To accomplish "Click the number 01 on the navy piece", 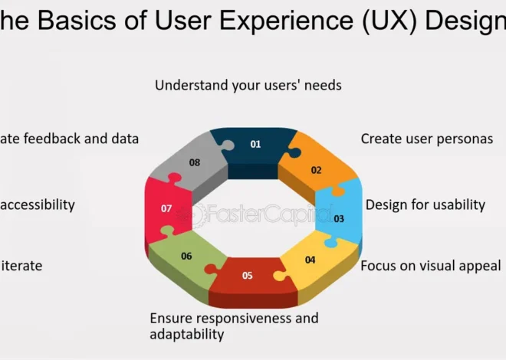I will (255, 143).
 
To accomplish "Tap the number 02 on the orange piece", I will (316, 170).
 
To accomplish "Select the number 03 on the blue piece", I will (339, 218).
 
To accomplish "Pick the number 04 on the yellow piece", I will (310, 260).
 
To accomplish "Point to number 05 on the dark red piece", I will (247, 275).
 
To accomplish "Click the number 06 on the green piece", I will (186, 256).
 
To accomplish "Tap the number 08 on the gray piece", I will (195, 162).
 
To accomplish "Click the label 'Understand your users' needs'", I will (248, 85).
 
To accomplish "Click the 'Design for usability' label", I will (425, 205).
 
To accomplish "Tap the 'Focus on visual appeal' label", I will (430, 266).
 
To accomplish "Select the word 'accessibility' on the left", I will (38, 205).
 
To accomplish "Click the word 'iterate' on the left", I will (21, 266).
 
